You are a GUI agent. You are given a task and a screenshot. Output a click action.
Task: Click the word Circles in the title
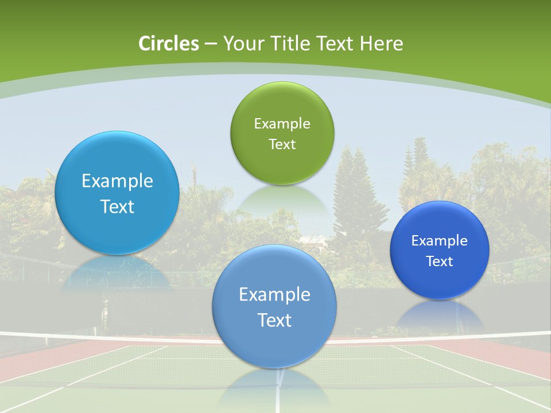point(169,44)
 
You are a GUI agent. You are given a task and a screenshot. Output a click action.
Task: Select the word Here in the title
point(382,44)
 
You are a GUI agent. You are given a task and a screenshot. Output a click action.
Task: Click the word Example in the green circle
point(282,124)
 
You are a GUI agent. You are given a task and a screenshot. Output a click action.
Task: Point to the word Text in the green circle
point(282,145)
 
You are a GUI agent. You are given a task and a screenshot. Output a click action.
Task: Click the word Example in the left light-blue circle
point(117,181)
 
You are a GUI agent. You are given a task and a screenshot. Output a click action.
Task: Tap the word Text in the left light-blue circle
point(117,206)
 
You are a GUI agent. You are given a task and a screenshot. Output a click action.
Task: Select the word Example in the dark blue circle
point(440,241)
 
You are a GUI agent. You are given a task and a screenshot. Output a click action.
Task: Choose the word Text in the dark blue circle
point(440,262)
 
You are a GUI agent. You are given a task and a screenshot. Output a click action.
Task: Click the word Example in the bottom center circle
point(274,295)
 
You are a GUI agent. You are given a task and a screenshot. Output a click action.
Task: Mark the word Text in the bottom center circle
point(274,320)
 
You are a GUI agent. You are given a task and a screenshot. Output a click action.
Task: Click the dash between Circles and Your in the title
point(210,44)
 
